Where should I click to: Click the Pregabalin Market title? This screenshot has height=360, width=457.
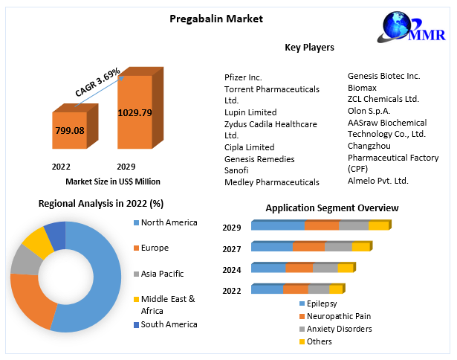pos(207,18)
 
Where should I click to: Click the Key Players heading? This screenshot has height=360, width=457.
pos(309,48)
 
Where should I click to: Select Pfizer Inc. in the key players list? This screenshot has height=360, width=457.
pos(243,77)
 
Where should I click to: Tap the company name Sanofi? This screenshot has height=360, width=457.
pos(237,170)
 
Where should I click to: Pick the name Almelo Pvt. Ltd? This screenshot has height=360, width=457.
pos(378,181)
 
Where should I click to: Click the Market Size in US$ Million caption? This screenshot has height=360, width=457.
pos(112,181)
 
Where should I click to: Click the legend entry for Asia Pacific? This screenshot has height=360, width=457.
pos(162,274)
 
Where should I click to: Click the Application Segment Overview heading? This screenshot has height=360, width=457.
pos(331,208)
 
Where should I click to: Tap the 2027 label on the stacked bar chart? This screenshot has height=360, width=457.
pos(232,248)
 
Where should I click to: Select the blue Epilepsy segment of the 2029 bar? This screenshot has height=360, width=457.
pos(277,225)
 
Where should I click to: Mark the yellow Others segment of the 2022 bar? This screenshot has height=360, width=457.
pos(336,289)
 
